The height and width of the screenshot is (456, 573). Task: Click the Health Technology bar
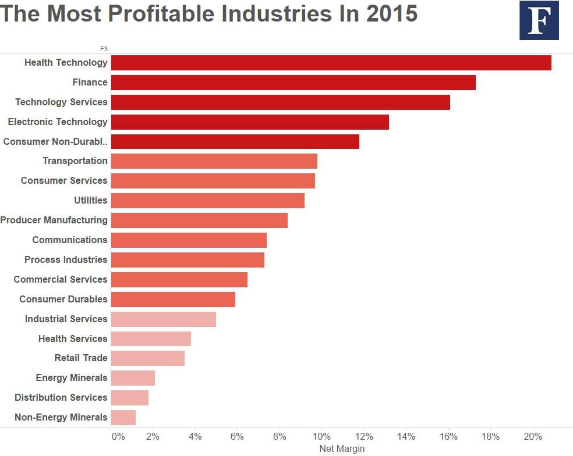click(x=331, y=63)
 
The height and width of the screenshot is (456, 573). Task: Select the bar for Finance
click(x=293, y=83)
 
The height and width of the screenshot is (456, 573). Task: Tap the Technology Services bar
click(x=280, y=102)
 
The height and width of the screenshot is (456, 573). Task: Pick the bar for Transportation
click(x=214, y=161)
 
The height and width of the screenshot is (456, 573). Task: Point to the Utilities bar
click(x=207, y=201)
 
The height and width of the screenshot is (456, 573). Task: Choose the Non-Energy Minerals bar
click(x=123, y=418)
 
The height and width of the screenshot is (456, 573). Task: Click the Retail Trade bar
click(x=147, y=358)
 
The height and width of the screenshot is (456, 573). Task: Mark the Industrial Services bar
click(x=163, y=319)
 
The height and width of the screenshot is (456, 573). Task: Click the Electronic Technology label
click(x=58, y=122)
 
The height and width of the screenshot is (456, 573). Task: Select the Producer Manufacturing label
click(x=54, y=220)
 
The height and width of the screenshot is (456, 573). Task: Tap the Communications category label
click(x=70, y=240)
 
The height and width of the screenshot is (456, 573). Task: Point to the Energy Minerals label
click(x=72, y=377)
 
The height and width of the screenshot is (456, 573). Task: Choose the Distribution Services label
click(x=61, y=397)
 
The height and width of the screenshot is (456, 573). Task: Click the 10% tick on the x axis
click(x=322, y=436)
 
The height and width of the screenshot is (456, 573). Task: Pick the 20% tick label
click(x=533, y=436)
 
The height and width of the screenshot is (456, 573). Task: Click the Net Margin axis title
click(x=342, y=449)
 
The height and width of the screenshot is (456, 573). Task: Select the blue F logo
click(x=539, y=20)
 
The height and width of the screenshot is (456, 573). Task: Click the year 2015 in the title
click(x=392, y=13)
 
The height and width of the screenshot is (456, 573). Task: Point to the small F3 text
click(x=104, y=49)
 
